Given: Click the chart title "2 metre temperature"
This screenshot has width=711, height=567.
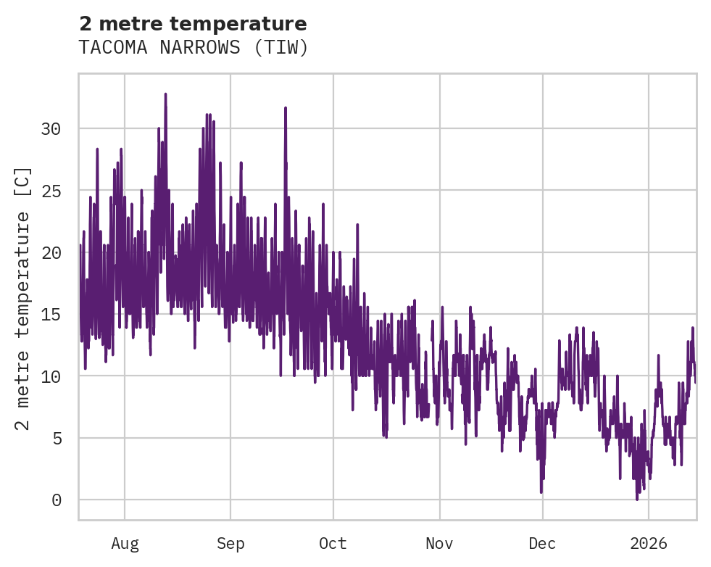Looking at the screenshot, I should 193,24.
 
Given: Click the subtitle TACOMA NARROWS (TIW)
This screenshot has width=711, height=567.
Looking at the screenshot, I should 194,47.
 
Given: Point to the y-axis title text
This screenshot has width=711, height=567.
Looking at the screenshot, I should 23,298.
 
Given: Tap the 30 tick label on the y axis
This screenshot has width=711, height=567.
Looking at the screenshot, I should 51,129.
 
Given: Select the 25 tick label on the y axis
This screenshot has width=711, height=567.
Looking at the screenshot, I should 51,191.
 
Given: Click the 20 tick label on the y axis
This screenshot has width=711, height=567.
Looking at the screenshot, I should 51,253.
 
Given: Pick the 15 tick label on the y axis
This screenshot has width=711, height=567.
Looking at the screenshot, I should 51,315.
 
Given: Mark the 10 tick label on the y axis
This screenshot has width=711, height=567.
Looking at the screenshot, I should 51,376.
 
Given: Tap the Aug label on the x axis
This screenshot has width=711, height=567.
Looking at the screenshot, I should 125,543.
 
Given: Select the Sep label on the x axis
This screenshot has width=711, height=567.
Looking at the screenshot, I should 230,543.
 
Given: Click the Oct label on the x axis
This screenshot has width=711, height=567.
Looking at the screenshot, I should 333,543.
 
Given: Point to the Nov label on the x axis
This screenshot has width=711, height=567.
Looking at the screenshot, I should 439,543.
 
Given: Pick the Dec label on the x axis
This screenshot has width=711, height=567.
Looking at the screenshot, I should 542,543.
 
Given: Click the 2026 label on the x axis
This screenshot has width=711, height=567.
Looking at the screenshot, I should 649,543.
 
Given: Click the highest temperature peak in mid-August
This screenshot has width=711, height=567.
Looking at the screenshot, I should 165,94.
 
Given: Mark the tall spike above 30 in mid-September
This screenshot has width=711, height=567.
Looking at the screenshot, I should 286,108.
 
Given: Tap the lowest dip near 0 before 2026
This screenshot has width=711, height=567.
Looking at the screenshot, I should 637,499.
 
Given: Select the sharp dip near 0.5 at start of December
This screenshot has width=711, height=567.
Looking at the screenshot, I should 541,492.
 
